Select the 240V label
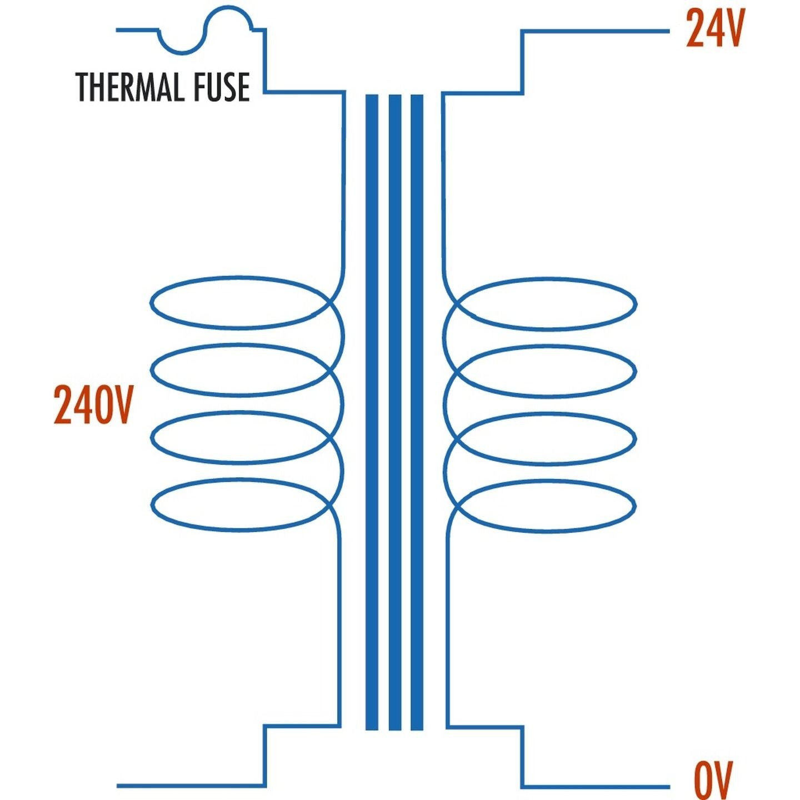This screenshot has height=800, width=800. pyautogui.click(x=94, y=404)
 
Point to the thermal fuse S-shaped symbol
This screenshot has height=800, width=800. pyautogui.click(x=207, y=31)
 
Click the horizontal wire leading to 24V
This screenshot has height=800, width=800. pyautogui.click(x=596, y=31)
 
